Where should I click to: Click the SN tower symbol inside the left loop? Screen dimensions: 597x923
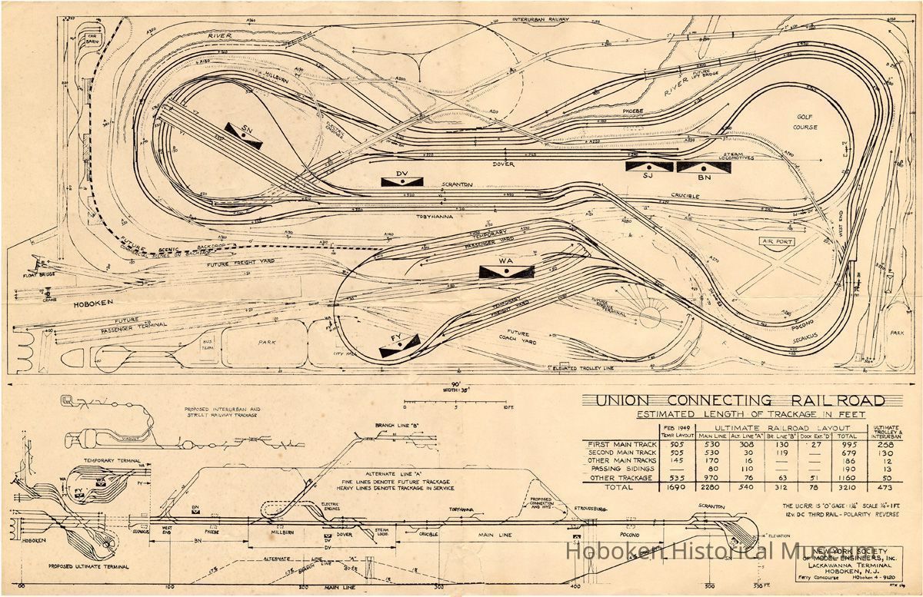click(x=245, y=135)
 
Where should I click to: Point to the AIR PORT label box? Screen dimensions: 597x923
click(x=778, y=241)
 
